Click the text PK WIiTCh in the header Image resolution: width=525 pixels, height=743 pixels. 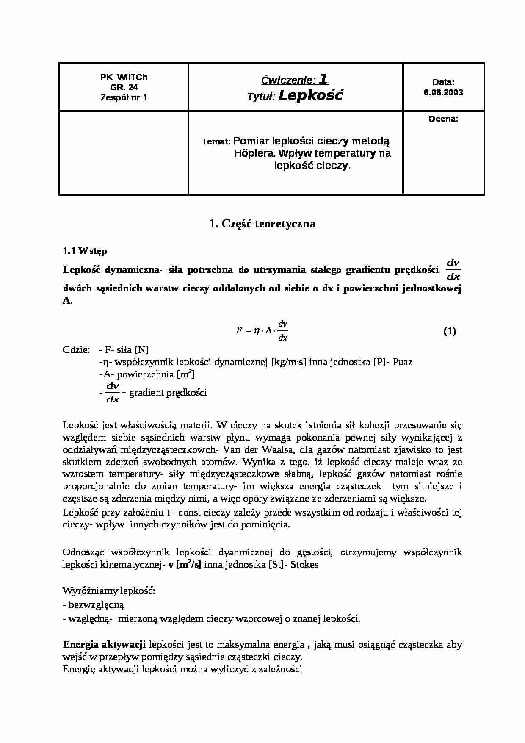coord(124,77)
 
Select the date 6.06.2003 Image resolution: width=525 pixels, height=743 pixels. coord(443,92)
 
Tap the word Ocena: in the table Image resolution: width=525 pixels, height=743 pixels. coord(443,119)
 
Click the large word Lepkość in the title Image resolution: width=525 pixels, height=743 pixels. coord(311,95)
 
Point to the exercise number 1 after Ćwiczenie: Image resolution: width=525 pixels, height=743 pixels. coord(323,79)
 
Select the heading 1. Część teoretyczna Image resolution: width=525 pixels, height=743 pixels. coord(262,224)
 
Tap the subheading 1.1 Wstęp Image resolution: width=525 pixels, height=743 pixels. coord(85,251)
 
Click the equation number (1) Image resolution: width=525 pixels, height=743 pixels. coord(449,331)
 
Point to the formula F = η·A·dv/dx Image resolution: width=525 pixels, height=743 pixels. coord(262,331)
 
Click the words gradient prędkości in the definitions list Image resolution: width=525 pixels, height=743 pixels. coord(168,393)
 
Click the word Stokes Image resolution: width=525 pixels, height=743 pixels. coord(304,565)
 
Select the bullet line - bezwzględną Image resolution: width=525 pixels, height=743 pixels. coord(94,605)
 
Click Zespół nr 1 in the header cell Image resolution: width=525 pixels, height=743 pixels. coord(124,97)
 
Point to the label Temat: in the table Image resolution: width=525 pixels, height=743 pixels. coord(216,142)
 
